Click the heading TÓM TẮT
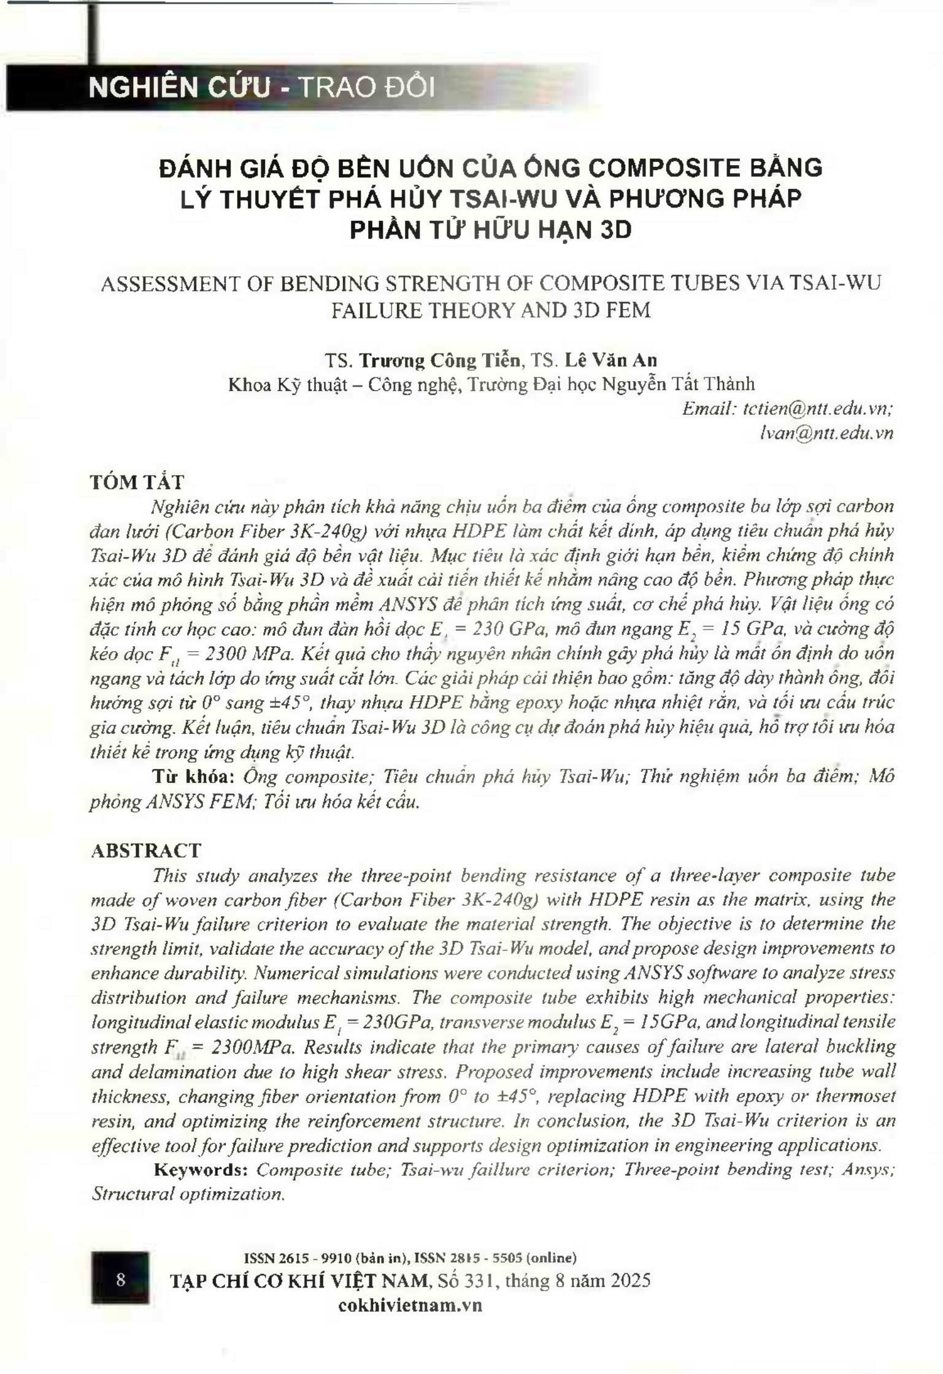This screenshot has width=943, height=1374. coord(137,482)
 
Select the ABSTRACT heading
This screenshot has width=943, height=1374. coord(146,850)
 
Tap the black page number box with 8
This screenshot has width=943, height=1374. coord(120,1279)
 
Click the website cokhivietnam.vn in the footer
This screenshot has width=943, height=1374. coord(410,1305)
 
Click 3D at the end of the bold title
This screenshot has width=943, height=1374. coord(615,230)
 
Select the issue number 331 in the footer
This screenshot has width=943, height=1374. coord(483,1281)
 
